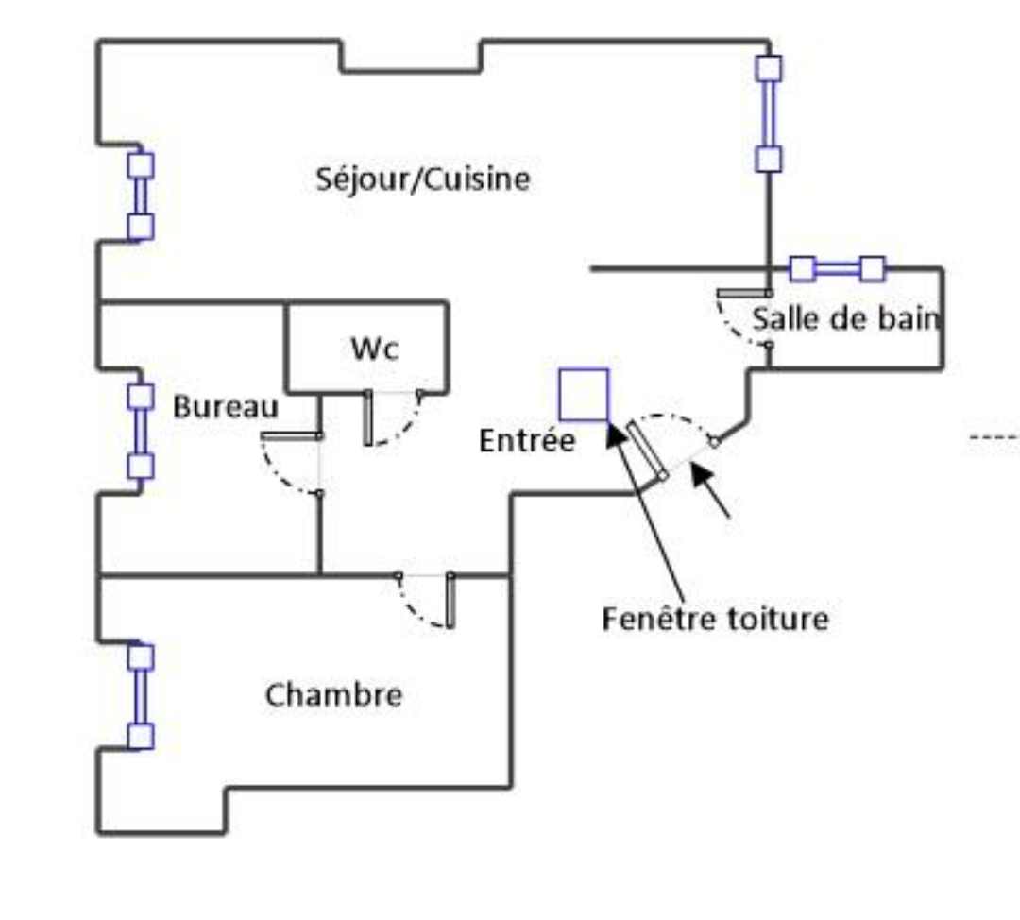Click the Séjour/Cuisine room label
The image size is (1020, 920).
(x=422, y=179)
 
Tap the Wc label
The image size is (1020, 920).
(x=375, y=349)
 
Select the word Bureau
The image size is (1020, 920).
(x=226, y=407)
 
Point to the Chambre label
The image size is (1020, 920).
(x=333, y=695)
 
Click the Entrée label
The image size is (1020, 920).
(x=527, y=440)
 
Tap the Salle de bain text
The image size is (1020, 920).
(x=846, y=319)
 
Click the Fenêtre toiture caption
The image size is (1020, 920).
(x=715, y=619)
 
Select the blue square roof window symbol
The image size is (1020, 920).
(x=584, y=395)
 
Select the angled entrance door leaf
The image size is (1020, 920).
(x=648, y=451)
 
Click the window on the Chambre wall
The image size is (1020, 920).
(x=141, y=696)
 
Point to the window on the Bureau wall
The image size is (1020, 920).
(x=141, y=431)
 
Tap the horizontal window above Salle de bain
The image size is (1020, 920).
(x=837, y=269)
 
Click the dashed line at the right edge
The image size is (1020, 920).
(x=994, y=437)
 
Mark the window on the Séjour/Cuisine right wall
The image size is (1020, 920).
(x=769, y=113)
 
